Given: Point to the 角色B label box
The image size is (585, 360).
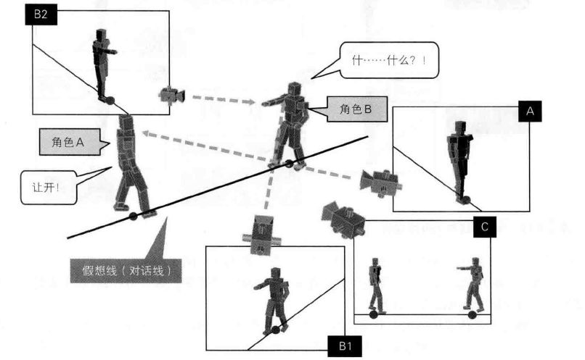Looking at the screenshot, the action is (356, 109).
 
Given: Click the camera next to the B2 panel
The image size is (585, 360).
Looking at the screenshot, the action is (173, 95).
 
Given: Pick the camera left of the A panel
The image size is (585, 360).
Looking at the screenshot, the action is (380, 183).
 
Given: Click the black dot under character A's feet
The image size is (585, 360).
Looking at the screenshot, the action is (133, 216).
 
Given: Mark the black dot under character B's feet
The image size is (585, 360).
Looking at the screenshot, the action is (289, 164).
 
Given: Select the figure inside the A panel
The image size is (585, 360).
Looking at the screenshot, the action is (459, 159).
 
